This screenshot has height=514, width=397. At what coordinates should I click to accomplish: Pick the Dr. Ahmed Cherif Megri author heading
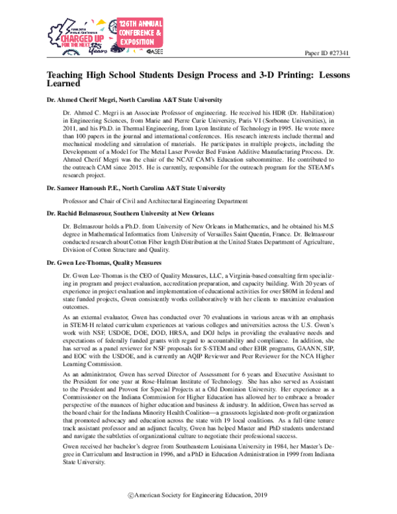click(126, 99)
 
